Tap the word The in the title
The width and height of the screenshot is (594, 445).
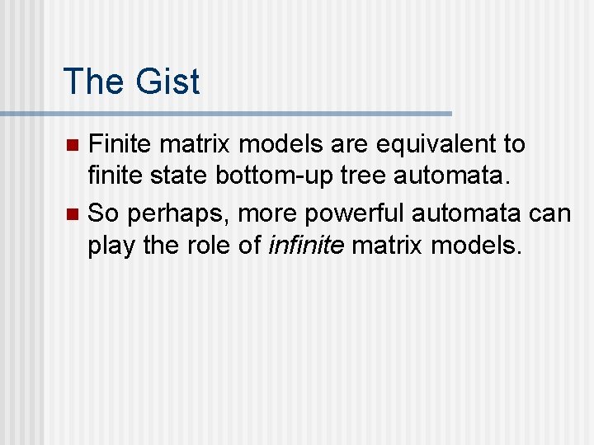[x=92, y=82]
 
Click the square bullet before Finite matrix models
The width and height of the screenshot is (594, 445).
[x=72, y=145]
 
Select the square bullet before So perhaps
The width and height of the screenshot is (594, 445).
[x=72, y=214]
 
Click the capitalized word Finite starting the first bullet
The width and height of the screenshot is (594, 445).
[x=120, y=144]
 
